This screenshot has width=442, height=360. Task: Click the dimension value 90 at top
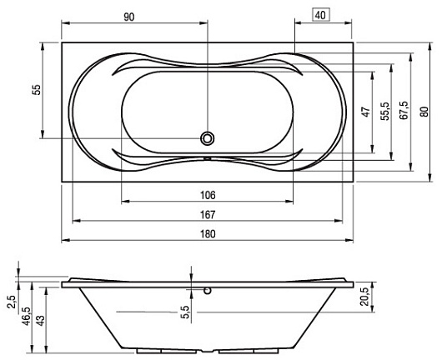128,17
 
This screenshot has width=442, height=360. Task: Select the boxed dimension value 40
320,15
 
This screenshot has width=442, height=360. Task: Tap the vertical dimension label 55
37,90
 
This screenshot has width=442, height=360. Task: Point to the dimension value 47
365,112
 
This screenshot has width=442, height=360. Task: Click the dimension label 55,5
385,112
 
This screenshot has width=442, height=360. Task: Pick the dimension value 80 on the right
424,112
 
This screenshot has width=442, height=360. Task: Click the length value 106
208,195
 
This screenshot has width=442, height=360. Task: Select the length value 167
208,215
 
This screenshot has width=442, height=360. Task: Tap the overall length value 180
208,234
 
